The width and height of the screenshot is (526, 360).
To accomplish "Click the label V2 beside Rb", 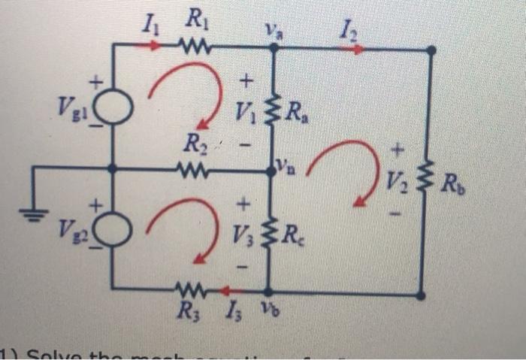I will pos(398,180).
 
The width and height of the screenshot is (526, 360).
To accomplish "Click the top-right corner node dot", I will pos(431,50).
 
